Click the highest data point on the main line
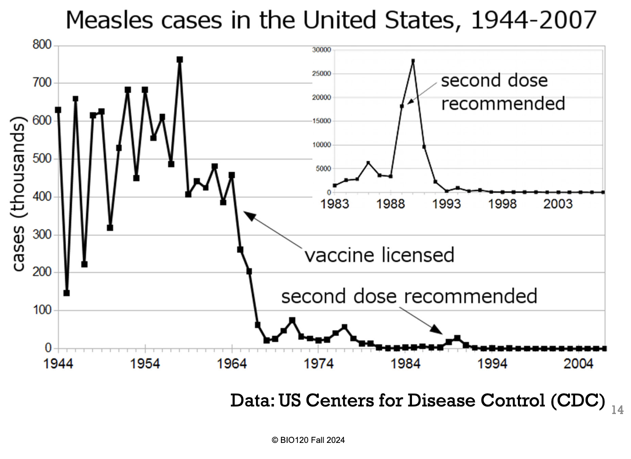180,60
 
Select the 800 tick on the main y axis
42,45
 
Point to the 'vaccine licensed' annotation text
379,255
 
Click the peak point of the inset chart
413,61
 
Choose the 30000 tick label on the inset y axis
322,50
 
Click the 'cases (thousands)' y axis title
18,196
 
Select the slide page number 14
617,410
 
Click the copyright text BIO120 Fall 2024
308,440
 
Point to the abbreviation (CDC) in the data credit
578,400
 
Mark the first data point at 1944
58,110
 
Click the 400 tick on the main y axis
42,196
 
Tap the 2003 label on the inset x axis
558,204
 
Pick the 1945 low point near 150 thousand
67,293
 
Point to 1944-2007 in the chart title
534,20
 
